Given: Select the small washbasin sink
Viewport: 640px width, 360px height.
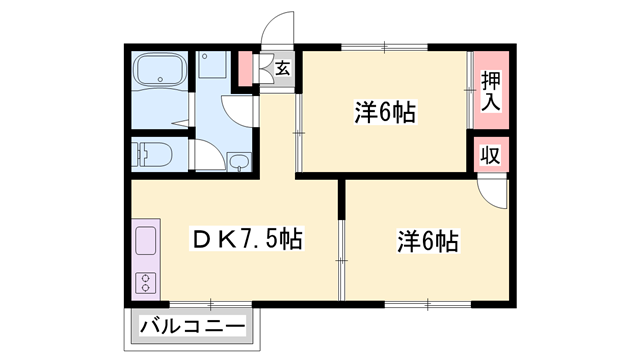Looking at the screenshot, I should [x=239, y=163].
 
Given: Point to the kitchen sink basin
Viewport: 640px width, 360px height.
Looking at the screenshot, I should [x=144, y=242].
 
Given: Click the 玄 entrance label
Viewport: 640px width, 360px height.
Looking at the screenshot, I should [x=283, y=69].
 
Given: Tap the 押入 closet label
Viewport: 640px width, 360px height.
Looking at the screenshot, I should [x=490, y=91].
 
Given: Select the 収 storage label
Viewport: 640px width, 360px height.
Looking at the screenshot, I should [x=490, y=157].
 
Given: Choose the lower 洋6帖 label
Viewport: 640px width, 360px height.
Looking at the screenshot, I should [x=428, y=241].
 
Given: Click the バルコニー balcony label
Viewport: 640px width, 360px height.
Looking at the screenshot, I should [x=192, y=327].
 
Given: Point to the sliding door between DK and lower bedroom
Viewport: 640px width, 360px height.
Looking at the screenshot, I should [x=342, y=258].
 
